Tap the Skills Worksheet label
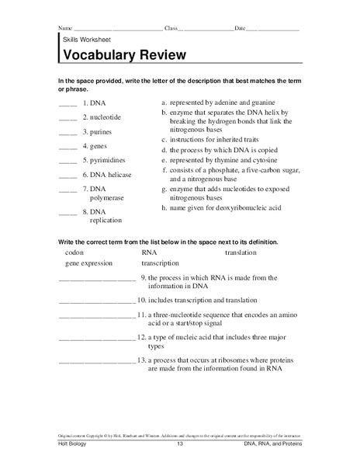point(85,38)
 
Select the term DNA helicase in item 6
point(107,175)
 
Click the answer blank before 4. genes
point(68,147)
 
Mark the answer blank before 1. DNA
point(68,103)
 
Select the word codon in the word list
point(74,252)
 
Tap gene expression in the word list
point(90,264)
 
